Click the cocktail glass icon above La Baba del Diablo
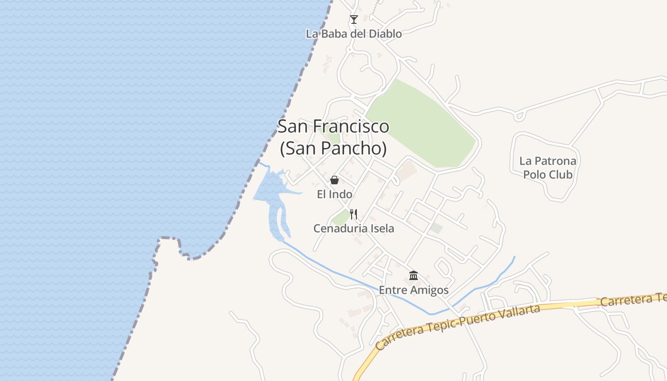tap(354, 20)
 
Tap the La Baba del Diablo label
tap(354, 34)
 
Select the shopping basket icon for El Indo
tap(334, 180)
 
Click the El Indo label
tap(334, 194)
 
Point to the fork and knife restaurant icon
tap(354, 214)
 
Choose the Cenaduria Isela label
tap(354, 229)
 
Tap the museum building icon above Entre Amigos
tap(414, 275)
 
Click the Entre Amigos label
tap(414, 290)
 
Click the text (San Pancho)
tap(333, 149)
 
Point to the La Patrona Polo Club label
tap(547, 168)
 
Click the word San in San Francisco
tap(292, 127)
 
